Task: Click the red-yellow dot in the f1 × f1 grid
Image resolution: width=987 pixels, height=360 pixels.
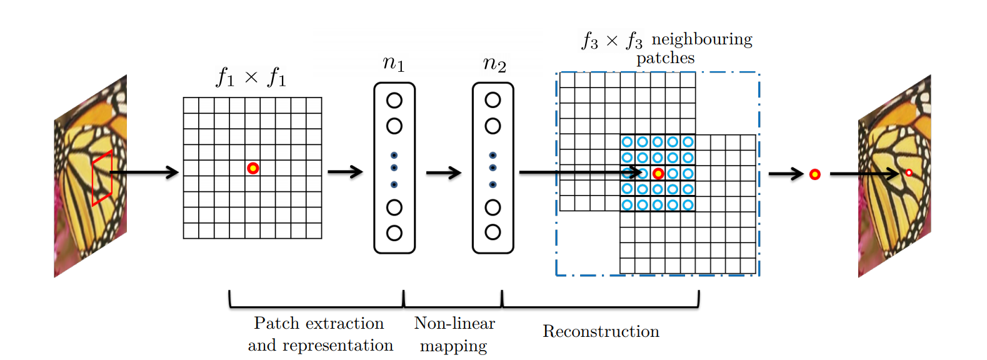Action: click(x=253, y=168)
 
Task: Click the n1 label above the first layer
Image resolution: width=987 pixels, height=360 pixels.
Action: click(x=394, y=63)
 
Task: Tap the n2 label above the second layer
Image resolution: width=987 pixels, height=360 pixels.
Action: click(x=494, y=63)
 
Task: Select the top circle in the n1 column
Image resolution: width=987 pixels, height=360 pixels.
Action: click(x=394, y=101)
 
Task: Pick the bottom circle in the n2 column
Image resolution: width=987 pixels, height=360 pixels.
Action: click(x=493, y=232)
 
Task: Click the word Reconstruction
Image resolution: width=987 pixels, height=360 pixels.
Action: click(x=601, y=331)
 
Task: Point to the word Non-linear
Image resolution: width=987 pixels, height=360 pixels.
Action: click(x=454, y=323)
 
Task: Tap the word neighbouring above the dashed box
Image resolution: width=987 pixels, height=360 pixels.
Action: click(x=701, y=39)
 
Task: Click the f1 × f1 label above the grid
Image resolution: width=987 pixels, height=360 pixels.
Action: click(x=251, y=77)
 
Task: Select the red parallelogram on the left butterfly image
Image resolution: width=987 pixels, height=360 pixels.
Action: click(x=102, y=178)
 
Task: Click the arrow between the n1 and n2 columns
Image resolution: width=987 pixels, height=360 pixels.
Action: click(x=443, y=173)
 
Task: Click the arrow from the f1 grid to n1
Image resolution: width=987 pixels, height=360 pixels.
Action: click(x=345, y=171)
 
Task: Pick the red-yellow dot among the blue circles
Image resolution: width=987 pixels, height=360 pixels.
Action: click(x=658, y=173)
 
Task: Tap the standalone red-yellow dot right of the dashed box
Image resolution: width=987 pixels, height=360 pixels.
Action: click(x=814, y=174)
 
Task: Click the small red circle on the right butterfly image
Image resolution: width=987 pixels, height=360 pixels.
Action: click(x=909, y=172)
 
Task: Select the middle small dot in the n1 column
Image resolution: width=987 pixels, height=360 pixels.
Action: click(x=394, y=167)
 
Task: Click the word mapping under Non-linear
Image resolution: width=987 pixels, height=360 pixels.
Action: click(x=453, y=346)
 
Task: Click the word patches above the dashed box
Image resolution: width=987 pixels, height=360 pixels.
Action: click(x=665, y=58)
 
